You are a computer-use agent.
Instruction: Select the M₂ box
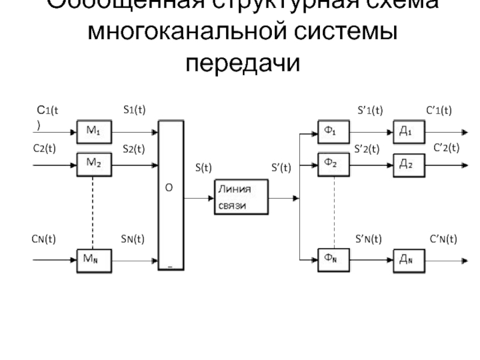click(94, 162)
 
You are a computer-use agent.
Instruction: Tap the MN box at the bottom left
click(94, 260)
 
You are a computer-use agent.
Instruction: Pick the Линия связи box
click(242, 197)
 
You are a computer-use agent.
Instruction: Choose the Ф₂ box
click(333, 162)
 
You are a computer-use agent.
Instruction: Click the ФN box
click(333, 260)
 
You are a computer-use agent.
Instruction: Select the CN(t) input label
click(44, 239)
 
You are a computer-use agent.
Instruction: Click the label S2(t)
click(134, 148)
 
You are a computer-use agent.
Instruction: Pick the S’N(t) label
click(368, 239)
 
